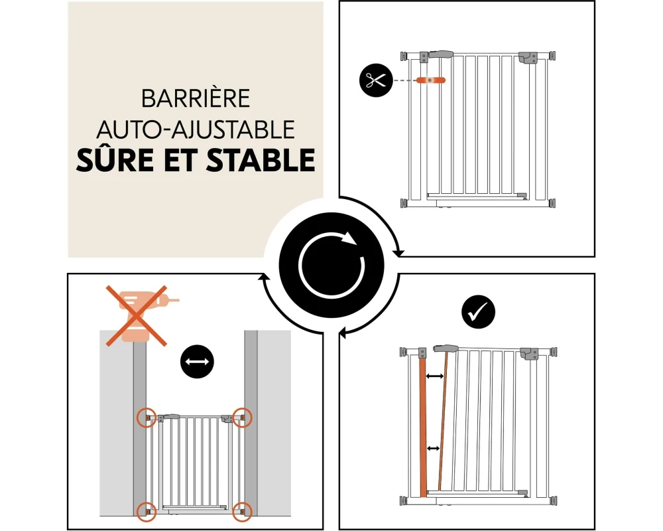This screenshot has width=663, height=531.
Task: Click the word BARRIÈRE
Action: click(196, 98)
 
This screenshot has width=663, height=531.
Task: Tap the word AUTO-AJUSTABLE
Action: click(196, 129)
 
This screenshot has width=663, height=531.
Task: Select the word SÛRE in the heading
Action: click(114, 159)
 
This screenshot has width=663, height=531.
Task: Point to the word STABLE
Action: click(261, 160)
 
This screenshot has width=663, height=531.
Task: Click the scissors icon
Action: click(376, 80)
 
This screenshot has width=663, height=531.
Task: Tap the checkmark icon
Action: click(478, 312)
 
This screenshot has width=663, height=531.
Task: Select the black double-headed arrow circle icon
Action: click(197, 362)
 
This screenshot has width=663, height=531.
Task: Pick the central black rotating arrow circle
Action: click(331, 265)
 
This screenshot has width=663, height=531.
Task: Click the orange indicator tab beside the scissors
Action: click(431, 80)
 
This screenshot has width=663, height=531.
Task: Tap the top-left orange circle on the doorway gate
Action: click(147, 417)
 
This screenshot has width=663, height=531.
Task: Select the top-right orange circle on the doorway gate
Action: click(242, 417)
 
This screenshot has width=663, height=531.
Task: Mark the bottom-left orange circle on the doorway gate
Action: click(147, 512)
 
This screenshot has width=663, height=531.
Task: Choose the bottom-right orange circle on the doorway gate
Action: click(242, 512)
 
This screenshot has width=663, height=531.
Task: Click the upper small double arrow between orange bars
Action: click(435, 376)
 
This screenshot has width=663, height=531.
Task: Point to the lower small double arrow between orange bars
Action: click(433, 448)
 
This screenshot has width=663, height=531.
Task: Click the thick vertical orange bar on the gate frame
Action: click(423, 427)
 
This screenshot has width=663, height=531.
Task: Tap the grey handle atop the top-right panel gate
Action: click(441, 54)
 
